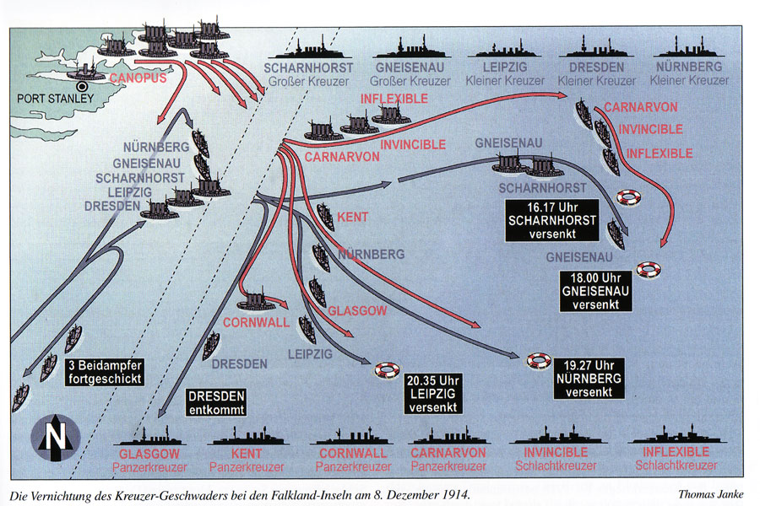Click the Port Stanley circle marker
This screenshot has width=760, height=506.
[82, 86]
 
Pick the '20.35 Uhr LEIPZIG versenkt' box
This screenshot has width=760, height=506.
[433, 392]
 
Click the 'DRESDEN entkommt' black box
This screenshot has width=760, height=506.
[216, 402]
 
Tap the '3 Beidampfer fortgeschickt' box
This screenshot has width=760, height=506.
[105, 371]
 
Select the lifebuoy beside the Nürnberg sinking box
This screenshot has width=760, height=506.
[539, 361]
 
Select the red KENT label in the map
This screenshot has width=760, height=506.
[352, 218]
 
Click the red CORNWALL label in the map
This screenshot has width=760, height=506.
[256, 322]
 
